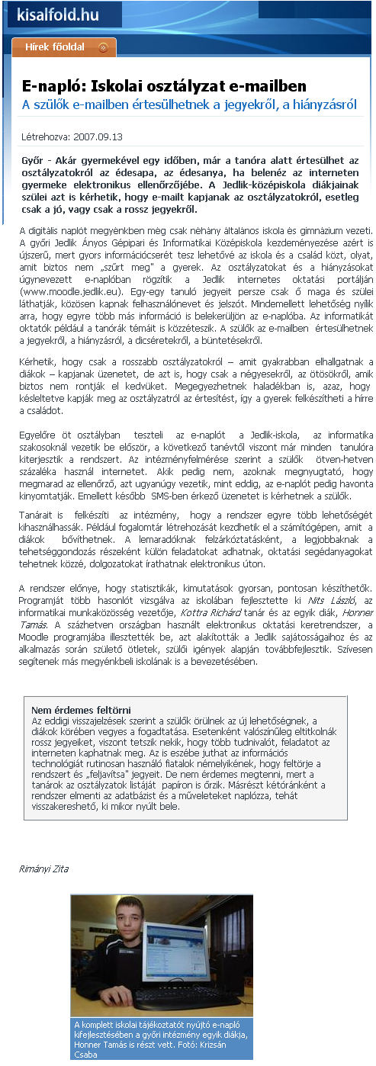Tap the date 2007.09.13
98,137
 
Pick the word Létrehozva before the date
45,137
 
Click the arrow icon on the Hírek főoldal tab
103,47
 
